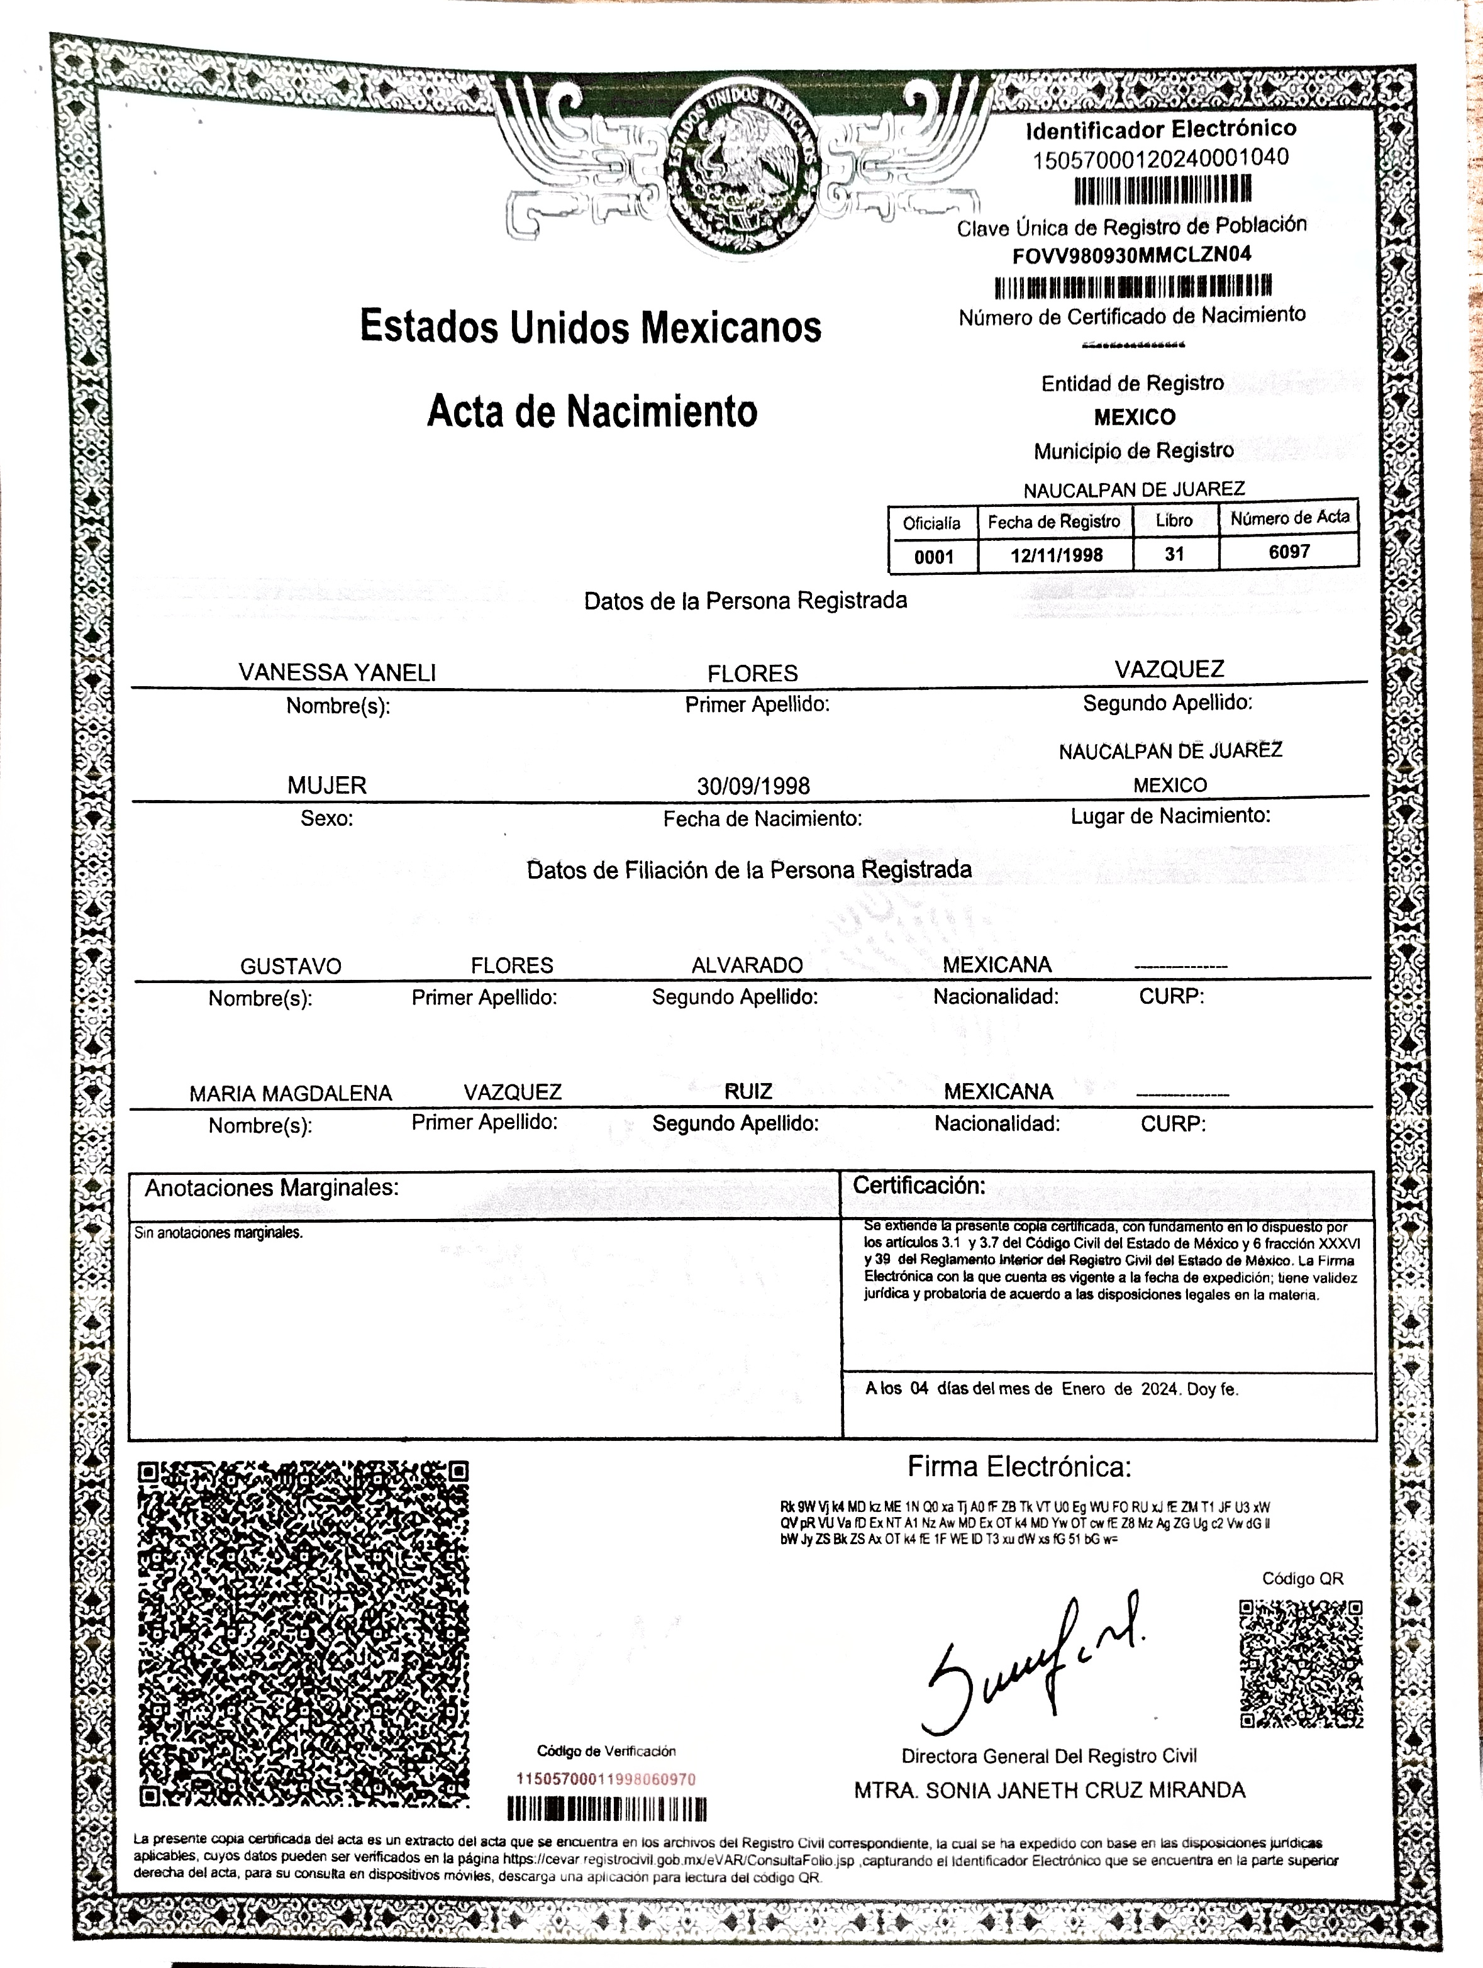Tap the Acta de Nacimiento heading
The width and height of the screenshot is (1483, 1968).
(x=592, y=412)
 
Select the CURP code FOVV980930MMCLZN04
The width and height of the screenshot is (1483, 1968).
(x=1131, y=255)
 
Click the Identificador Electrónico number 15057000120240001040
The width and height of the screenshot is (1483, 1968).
(x=1160, y=158)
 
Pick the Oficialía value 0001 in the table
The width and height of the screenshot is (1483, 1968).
(x=933, y=557)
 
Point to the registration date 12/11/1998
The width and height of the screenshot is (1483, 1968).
(x=1056, y=555)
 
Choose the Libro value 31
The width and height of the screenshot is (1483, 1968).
(x=1174, y=553)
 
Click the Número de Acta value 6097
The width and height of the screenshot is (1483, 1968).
(x=1289, y=552)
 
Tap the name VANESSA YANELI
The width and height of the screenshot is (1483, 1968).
(x=337, y=672)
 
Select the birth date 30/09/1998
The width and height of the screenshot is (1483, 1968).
(x=753, y=786)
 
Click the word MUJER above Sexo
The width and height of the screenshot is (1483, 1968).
(x=326, y=786)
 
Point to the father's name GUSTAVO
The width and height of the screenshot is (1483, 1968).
(x=291, y=966)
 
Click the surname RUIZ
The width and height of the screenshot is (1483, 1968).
(x=748, y=1092)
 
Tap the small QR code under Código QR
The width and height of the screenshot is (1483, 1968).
(x=1301, y=1663)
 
